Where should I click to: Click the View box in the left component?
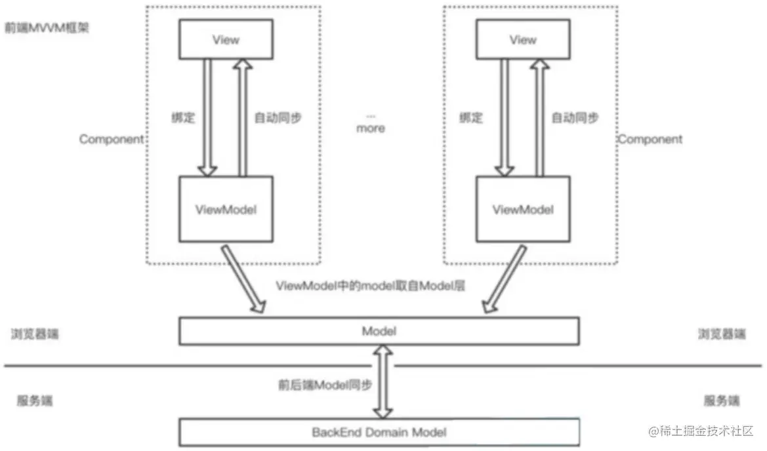pyautogui.click(x=226, y=39)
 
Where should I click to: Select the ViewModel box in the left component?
pyautogui.click(x=226, y=210)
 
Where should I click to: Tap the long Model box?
pyautogui.click(x=379, y=331)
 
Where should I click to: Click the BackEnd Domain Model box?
pyautogui.click(x=379, y=433)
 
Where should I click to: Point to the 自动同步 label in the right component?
pyautogui.click(x=574, y=118)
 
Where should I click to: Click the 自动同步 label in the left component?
pyautogui.click(x=278, y=118)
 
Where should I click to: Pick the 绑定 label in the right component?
pyautogui.click(x=471, y=118)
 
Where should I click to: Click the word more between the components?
pyautogui.click(x=371, y=128)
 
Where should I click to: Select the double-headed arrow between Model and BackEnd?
pyautogui.click(x=381, y=382)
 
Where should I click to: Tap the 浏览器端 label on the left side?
pyautogui.click(x=35, y=334)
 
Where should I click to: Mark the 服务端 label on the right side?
pyautogui.click(x=722, y=401)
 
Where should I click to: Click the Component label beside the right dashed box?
pyautogui.click(x=650, y=140)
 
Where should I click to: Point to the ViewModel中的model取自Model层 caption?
pyautogui.click(x=371, y=286)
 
